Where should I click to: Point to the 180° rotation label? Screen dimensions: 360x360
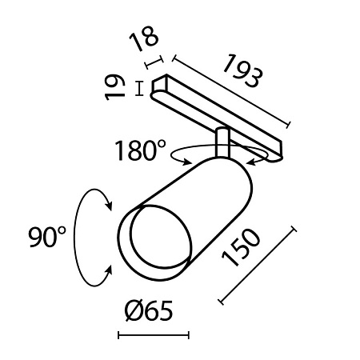[140, 150]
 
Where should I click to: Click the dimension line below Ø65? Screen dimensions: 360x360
[154, 335]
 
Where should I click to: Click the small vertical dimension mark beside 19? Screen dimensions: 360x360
[141, 88]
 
